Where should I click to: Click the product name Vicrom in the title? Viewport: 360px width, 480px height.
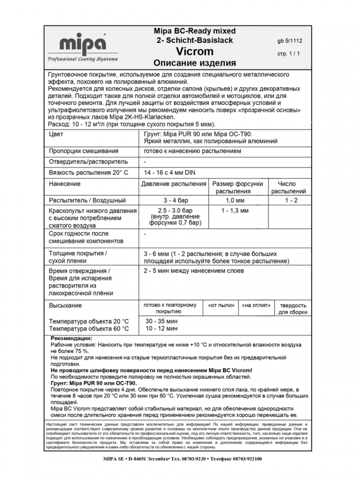pos(194,51)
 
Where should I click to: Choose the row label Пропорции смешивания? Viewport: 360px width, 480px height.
pos(84,151)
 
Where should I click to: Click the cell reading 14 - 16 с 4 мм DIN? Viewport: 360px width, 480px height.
pos(170,172)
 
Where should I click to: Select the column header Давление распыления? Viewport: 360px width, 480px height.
pos(173,184)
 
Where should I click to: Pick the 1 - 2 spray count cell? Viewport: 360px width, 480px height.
pos(291,200)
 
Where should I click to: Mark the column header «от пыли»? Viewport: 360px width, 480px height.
pos(222,305)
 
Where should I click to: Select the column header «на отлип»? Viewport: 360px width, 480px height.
pos(256,305)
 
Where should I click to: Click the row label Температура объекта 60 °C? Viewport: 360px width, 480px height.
pos(89,329)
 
